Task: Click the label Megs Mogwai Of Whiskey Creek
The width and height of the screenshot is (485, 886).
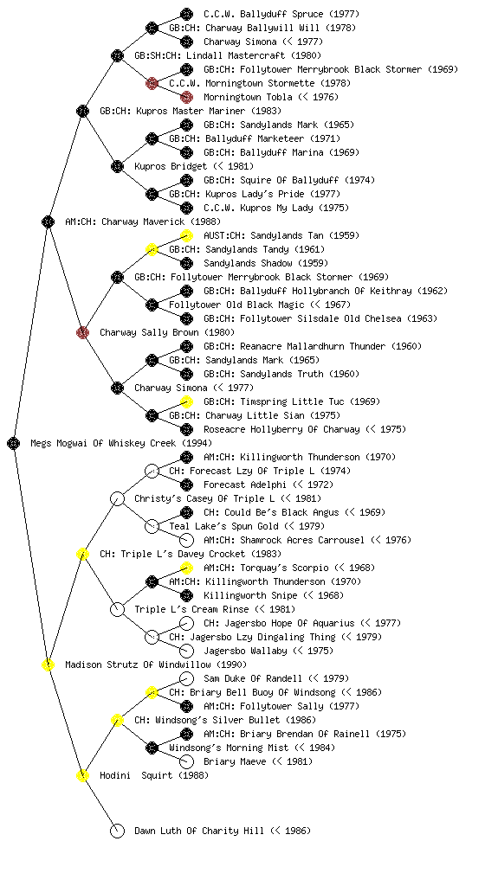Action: pyautogui.click(x=121, y=443)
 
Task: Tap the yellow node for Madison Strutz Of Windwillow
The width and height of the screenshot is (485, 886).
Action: pyautogui.click(x=48, y=664)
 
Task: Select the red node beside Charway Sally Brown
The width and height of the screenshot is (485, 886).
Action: pyautogui.click(x=82, y=332)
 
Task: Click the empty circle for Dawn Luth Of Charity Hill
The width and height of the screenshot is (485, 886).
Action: pyautogui.click(x=117, y=831)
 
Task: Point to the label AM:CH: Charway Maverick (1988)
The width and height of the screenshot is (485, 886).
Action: pyautogui.click(x=143, y=221)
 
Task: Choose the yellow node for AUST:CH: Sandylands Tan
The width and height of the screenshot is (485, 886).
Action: pyautogui.click(x=186, y=235)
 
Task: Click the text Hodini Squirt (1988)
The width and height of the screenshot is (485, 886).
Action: pyautogui.click(x=154, y=775)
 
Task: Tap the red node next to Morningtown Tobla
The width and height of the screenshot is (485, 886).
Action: pyautogui.click(x=186, y=97)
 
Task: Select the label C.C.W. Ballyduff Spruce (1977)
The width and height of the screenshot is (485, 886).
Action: pyautogui.click(x=281, y=14)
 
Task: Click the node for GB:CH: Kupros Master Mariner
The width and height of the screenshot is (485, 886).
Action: pyautogui.click(x=82, y=111)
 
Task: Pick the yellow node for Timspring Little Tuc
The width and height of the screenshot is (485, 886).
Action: pyautogui.click(x=186, y=401)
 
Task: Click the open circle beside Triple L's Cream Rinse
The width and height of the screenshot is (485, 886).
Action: pyautogui.click(x=117, y=609)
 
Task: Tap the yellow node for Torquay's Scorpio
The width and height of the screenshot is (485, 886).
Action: pyautogui.click(x=186, y=568)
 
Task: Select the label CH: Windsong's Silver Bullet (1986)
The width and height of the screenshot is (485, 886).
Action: pyautogui.click(x=225, y=720)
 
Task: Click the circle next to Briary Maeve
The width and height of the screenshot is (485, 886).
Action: pyautogui.click(x=186, y=761)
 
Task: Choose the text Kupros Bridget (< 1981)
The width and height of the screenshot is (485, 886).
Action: pyautogui.click(x=194, y=166)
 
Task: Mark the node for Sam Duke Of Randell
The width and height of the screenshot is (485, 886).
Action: pyautogui.click(x=186, y=678)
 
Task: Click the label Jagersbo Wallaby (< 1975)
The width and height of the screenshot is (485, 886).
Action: pyautogui.click(x=268, y=651)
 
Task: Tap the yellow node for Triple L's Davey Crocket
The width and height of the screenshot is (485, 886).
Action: pyautogui.click(x=82, y=554)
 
